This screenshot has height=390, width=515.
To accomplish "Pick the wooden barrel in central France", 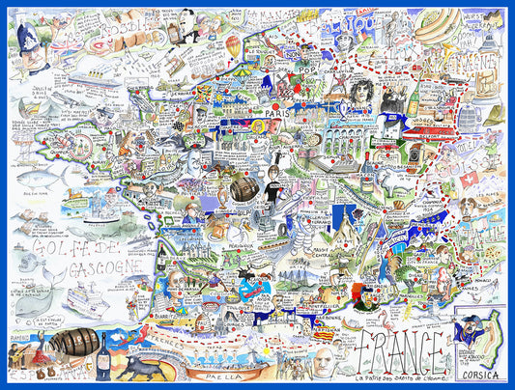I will click(x=245, y=187).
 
